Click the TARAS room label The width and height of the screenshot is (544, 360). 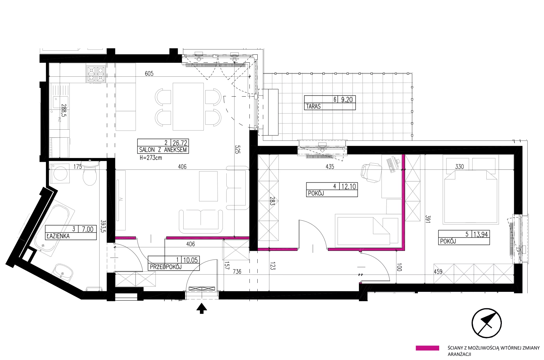pos(313,107)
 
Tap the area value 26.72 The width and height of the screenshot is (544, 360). pos(180,143)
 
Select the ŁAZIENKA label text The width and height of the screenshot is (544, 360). pos(58,236)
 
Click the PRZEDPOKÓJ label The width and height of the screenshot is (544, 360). pos(166,267)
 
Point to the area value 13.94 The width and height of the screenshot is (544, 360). pos(481,234)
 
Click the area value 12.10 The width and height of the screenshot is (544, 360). pos(349,186)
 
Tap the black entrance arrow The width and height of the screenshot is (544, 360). pos(201,308)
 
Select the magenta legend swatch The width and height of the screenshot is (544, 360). pos(427,348)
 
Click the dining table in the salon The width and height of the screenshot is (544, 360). pos(188,107)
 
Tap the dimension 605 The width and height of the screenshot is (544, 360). pos(149,73)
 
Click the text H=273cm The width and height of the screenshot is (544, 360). pos(151,158)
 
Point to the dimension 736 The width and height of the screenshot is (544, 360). pos(237,272)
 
